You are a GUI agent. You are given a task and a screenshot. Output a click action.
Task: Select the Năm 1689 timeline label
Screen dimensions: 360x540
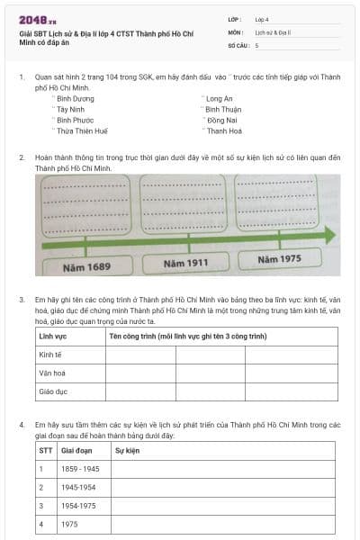coord(86,267)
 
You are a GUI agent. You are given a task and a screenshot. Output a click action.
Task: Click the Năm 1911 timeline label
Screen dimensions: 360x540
coord(186,264)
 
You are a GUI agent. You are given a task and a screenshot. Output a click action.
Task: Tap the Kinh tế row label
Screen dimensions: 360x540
coord(52,355)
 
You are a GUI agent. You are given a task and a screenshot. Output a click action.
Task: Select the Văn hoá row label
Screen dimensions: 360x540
coord(52,373)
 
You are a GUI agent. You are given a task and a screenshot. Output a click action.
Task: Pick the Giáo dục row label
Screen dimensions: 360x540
coord(54,391)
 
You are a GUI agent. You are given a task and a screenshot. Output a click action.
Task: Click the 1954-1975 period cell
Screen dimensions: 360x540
coord(78,505)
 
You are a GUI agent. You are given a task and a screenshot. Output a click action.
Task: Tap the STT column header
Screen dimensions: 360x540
coord(45,449)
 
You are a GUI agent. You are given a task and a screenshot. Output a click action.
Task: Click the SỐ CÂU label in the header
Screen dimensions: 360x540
coord(238,44)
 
